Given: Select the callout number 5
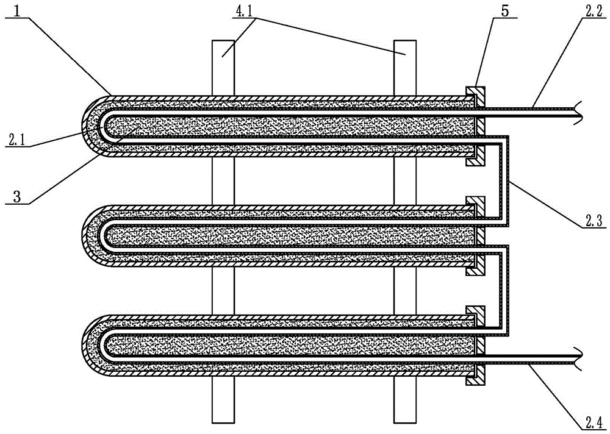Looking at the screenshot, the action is [504, 11].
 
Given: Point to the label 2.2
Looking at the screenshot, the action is [592, 11].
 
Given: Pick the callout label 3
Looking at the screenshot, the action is [16, 196].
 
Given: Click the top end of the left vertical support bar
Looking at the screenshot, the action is [223, 41].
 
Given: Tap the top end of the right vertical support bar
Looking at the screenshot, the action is [405, 41].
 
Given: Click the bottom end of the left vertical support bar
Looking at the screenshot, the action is [223, 422].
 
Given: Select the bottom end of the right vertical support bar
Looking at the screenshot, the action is [405, 422].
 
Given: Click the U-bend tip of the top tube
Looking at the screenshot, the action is [82, 126].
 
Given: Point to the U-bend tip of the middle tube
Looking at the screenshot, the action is [82, 235].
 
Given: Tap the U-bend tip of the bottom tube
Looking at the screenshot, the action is [82, 345].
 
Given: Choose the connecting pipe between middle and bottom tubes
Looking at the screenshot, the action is [506, 290].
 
